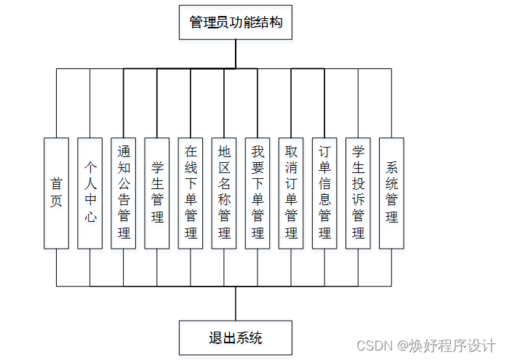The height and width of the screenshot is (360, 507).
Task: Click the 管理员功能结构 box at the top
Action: point(236,23)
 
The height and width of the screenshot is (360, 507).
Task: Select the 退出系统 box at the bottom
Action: point(236,338)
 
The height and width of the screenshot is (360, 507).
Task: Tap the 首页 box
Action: point(57,193)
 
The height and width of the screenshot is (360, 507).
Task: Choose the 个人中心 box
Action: point(90,193)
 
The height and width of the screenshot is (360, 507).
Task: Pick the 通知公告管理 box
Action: point(124,193)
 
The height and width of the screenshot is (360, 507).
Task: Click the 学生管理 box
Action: point(157,193)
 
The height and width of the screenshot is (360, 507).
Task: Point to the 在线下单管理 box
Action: point(191,193)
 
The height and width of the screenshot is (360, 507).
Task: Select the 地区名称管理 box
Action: point(224,193)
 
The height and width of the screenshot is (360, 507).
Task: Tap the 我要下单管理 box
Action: point(258,193)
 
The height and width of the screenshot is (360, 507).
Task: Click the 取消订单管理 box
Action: point(291,193)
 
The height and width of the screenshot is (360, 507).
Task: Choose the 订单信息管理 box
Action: point(324,193)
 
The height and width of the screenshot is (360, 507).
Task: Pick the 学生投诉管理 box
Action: point(358,193)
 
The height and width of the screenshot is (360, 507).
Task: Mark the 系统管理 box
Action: point(391,193)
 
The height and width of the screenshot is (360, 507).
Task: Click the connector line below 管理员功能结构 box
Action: point(236,54)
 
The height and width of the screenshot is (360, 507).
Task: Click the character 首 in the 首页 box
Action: point(57,184)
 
